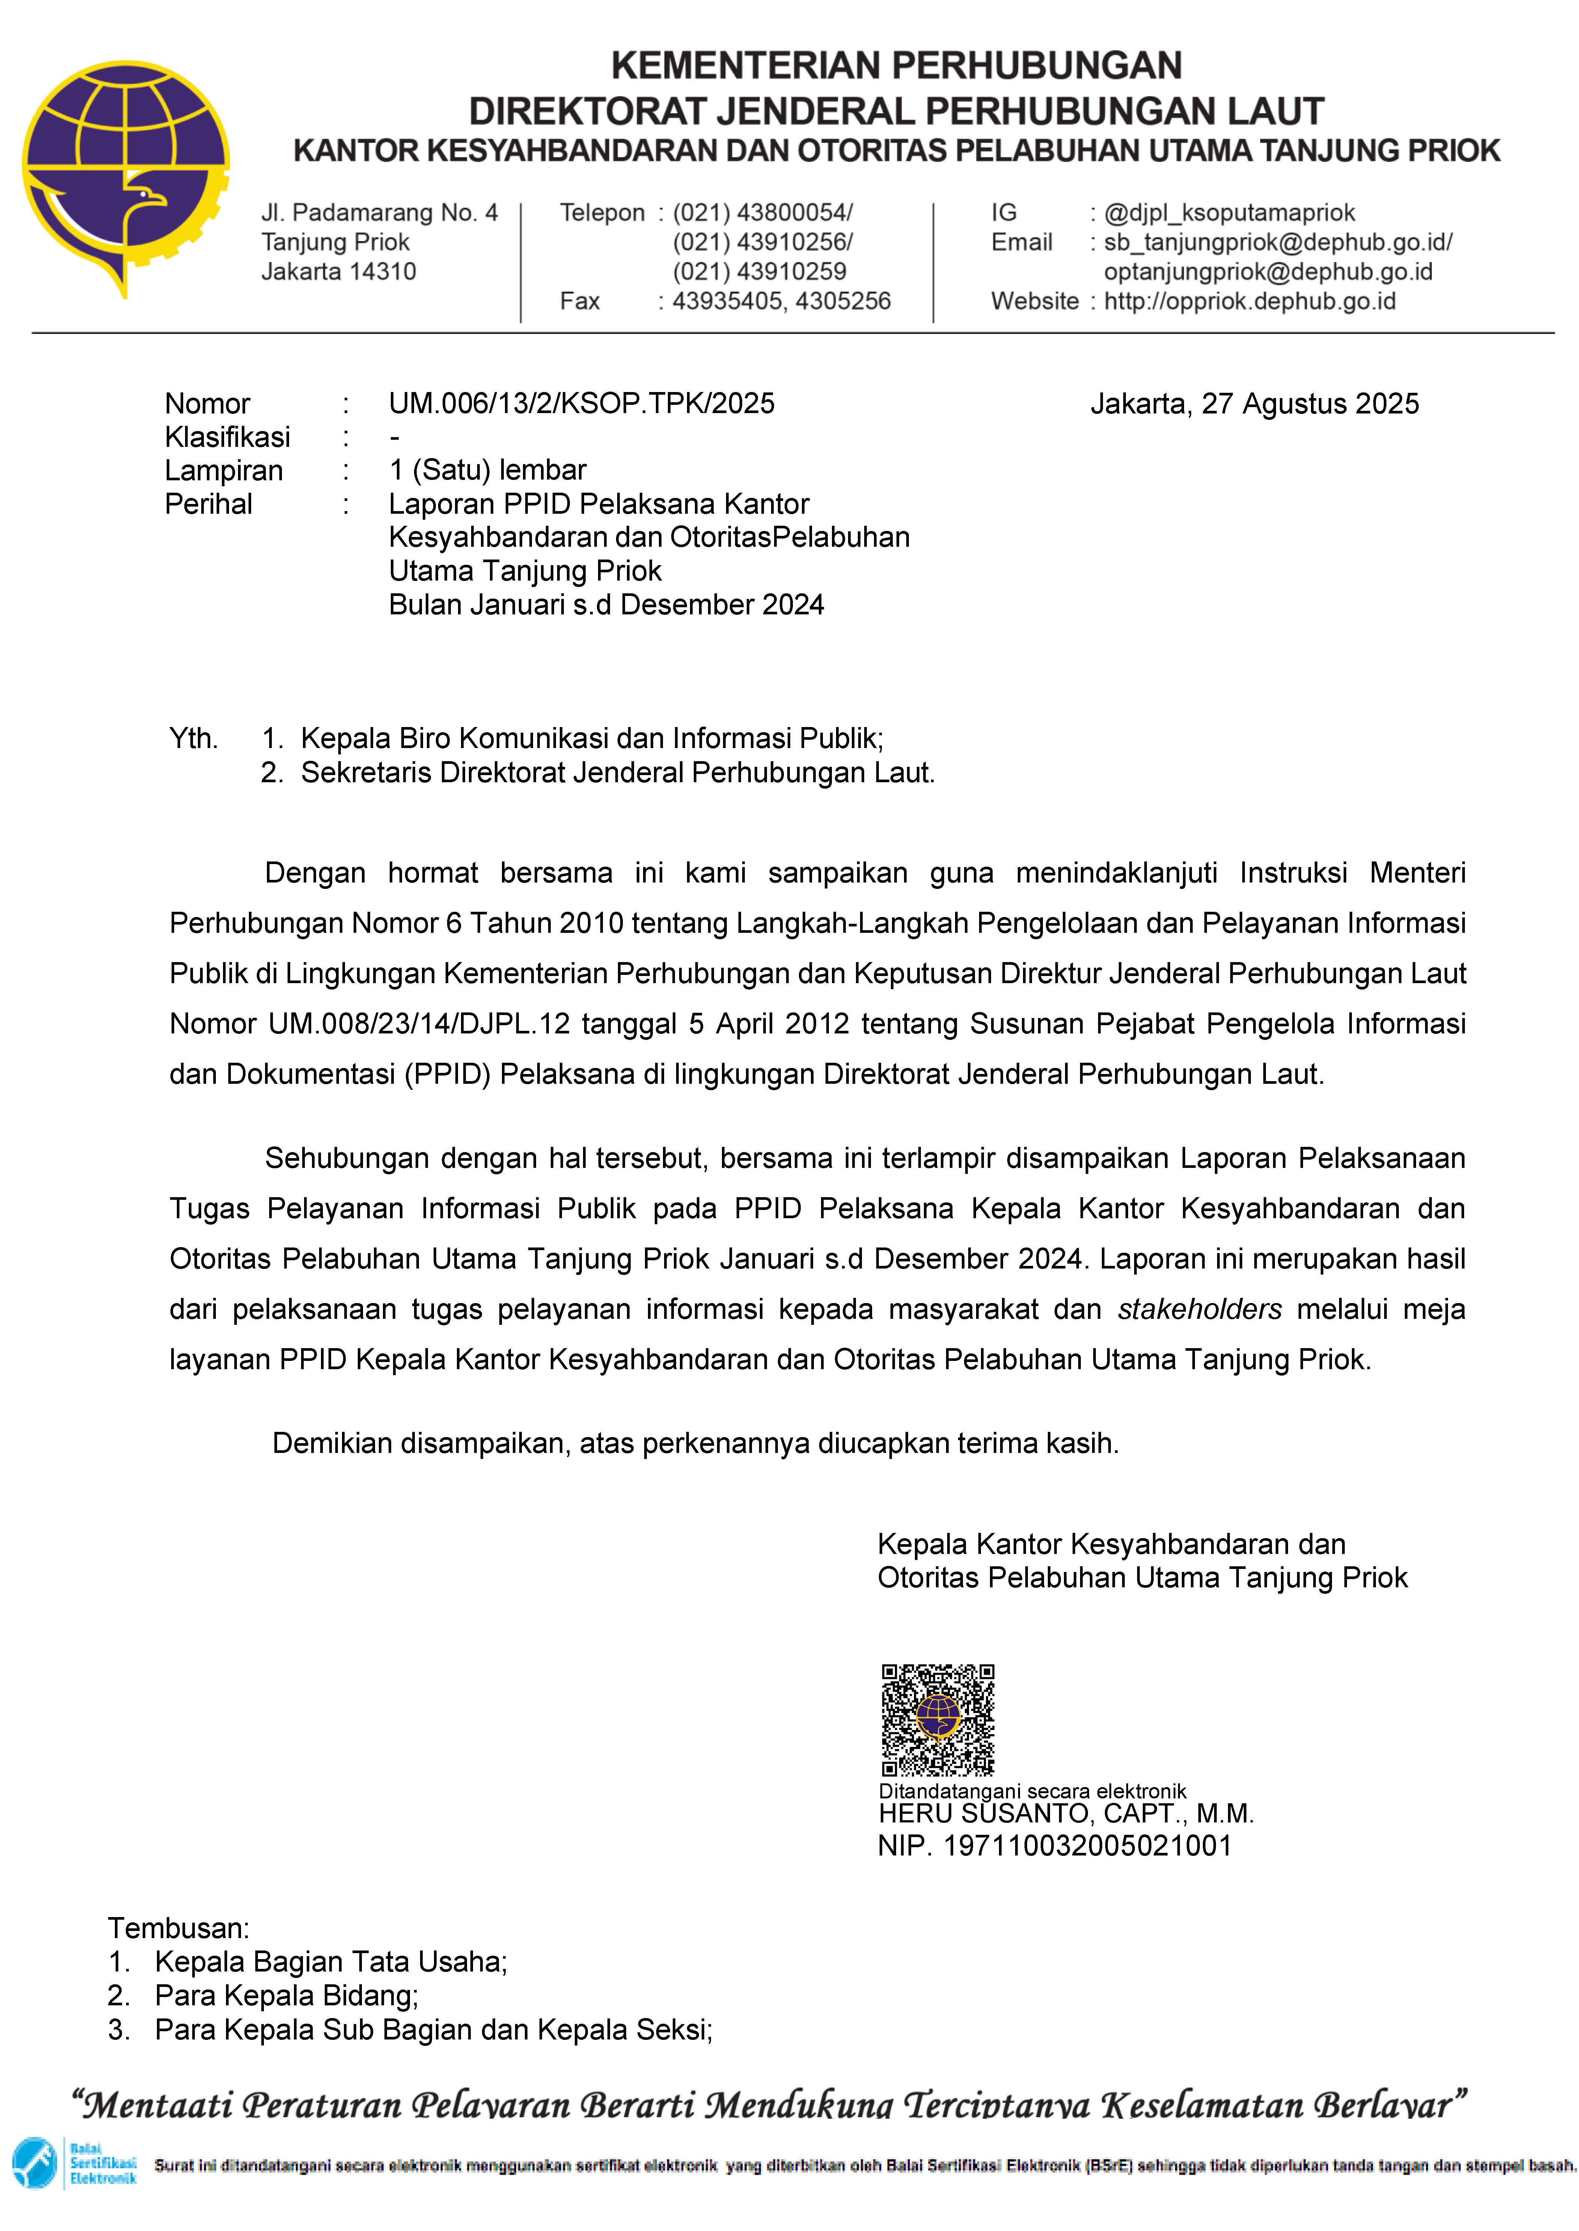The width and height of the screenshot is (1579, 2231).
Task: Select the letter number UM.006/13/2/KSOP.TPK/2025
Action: (x=582, y=404)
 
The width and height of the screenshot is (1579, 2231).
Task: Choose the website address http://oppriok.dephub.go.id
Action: (x=1249, y=302)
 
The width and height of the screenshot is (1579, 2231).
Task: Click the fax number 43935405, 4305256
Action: (x=781, y=302)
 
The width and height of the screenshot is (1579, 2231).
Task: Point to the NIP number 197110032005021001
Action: (x=1087, y=1846)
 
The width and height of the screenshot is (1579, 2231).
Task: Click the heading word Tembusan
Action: (x=178, y=1929)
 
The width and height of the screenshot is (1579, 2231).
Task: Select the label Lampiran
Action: (x=224, y=471)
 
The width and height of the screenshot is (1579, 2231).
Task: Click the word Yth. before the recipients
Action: (x=193, y=739)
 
